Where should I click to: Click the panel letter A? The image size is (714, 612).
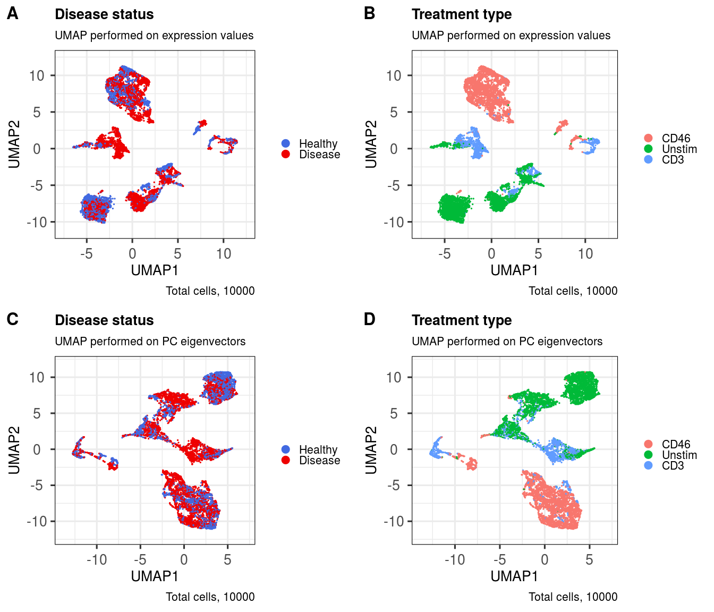pyautogui.click(x=12, y=14)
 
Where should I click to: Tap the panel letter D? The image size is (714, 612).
pyautogui.click(x=370, y=319)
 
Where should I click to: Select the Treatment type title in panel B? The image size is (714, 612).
pyautogui.click(x=462, y=14)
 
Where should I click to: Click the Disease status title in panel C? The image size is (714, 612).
pyautogui.click(x=104, y=320)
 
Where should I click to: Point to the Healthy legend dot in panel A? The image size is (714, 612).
pyautogui.click(x=286, y=143)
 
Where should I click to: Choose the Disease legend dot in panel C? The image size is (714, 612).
pyautogui.click(x=286, y=460)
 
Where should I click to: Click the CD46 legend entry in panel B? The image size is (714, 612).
pyautogui.click(x=676, y=139)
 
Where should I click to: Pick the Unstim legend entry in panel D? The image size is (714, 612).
pyautogui.click(x=679, y=455)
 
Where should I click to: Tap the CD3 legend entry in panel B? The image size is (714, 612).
pyautogui.click(x=673, y=160)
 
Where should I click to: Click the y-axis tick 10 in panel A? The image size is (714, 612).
pyautogui.click(x=37, y=75)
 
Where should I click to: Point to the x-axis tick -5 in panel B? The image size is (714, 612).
pyautogui.click(x=444, y=254)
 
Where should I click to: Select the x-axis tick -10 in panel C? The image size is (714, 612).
pyautogui.click(x=96, y=560)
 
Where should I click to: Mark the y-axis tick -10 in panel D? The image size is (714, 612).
pyautogui.click(x=394, y=522)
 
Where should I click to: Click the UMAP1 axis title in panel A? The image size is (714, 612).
pyautogui.click(x=155, y=270)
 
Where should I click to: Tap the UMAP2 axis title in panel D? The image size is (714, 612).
pyautogui.click(x=371, y=450)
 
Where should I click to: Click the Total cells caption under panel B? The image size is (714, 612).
pyautogui.click(x=573, y=291)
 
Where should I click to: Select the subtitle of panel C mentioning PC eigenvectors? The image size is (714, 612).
pyautogui.click(x=150, y=342)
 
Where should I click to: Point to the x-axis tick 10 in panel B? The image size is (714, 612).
pyautogui.click(x=585, y=254)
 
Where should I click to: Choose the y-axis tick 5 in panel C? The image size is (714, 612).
pyautogui.click(x=37, y=413)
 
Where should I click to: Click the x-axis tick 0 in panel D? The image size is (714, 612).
pyautogui.click(x=545, y=560)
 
